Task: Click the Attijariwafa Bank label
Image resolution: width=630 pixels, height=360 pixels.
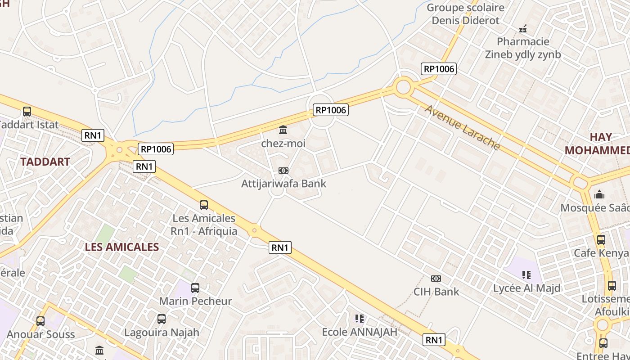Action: click(283, 184)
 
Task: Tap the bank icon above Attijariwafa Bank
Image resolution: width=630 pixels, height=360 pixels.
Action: click(283, 171)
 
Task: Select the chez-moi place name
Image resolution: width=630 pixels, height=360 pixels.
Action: click(283, 144)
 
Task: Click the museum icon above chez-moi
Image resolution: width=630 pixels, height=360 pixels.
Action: click(283, 130)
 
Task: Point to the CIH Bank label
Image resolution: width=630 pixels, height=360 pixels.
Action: click(436, 292)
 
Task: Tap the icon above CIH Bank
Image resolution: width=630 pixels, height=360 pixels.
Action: click(436, 279)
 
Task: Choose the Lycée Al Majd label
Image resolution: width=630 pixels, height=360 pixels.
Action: click(527, 288)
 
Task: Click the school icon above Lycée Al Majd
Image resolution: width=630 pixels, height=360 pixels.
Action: click(526, 274)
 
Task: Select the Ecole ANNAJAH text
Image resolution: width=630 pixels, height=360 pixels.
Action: click(360, 332)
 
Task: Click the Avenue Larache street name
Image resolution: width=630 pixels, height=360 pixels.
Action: click(462, 127)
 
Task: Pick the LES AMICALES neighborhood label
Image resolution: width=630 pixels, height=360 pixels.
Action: click(122, 247)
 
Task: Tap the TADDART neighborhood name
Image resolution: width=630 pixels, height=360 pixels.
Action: click(45, 162)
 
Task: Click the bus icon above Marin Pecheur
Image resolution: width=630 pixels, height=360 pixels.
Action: click(195, 288)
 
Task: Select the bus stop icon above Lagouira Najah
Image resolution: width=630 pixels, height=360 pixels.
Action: click(162, 319)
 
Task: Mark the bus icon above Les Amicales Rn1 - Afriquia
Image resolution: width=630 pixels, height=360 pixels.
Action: click(204, 205)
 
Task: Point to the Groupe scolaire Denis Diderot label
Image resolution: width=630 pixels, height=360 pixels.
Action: click(465, 14)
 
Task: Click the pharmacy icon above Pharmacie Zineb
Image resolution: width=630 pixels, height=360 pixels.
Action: click(523, 29)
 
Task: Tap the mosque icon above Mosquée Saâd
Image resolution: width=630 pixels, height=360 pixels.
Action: click(599, 195)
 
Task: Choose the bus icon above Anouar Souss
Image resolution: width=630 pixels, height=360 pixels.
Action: click(40, 321)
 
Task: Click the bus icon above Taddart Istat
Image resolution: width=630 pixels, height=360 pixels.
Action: click(27, 112)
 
